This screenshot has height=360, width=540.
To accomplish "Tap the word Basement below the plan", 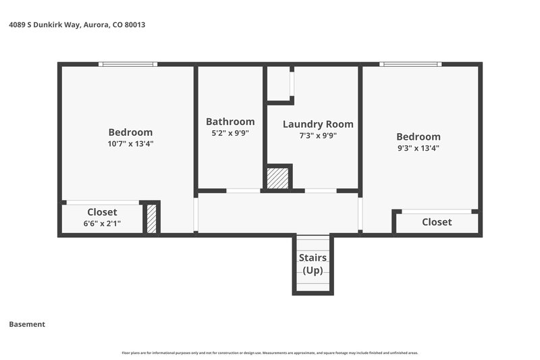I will (27, 324).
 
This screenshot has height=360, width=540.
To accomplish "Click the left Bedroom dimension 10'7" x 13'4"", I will (130, 143).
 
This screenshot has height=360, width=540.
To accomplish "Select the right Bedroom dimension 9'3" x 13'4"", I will (418, 148).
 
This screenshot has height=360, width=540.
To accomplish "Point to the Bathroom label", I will (230, 122).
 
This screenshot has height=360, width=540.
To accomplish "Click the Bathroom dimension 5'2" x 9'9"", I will (230, 133).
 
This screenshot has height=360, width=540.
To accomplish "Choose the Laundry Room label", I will (317, 124).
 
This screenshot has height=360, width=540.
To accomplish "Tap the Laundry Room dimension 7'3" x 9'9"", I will (317, 135).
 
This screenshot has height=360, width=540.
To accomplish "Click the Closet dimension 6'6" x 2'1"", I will (102, 223).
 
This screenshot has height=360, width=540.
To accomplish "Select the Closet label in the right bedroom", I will (437, 222).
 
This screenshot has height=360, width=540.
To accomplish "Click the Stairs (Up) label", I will (313, 264).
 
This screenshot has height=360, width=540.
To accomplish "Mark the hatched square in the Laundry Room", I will (277, 178).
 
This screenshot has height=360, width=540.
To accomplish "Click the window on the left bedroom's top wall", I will (128, 64).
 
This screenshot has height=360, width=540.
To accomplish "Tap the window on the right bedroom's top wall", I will (410, 64).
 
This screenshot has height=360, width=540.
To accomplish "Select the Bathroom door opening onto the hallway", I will (243, 191).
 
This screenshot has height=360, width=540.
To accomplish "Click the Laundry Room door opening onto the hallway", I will (321, 191).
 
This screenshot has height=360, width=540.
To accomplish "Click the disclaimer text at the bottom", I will (269, 353).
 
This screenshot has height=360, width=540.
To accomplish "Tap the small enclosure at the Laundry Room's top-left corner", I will (279, 83).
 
